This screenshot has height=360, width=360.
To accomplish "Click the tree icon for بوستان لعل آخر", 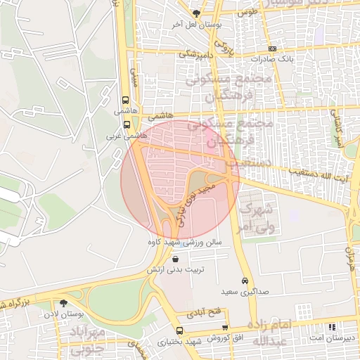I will tap(198, 14).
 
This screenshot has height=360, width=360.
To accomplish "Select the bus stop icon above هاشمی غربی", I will tap(127, 124).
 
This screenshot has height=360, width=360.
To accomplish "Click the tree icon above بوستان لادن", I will tap(64, 303).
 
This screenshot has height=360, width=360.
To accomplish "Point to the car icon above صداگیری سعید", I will tap(245, 280).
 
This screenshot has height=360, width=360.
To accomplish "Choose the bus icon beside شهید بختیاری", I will tap(179, 330).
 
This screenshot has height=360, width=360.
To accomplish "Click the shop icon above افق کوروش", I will tap(225, 328).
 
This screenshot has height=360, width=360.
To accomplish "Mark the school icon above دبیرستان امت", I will tap(332, 327).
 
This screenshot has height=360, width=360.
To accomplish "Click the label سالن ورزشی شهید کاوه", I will tap(184, 242).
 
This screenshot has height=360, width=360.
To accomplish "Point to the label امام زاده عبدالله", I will tap(270, 332).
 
